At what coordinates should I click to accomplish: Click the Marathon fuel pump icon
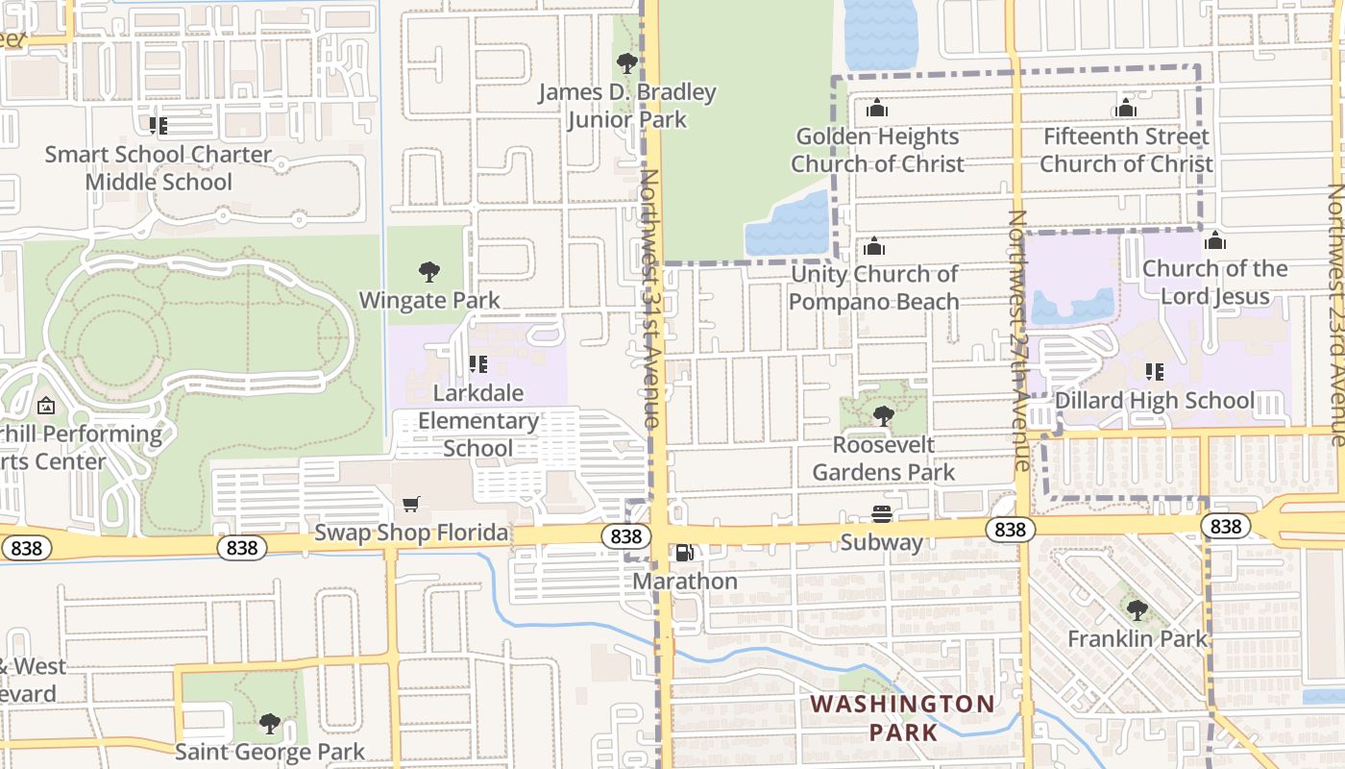[x=684, y=553]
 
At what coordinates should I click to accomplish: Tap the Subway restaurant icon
[x=882, y=514]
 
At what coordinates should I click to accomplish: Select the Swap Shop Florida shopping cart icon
[x=411, y=505]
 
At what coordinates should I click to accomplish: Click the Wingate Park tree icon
[x=429, y=272]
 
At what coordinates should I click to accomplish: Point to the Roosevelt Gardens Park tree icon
[x=883, y=416]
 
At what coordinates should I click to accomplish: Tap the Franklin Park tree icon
[x=1137, y=610]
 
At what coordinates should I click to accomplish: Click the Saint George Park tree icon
[x=270, y=723]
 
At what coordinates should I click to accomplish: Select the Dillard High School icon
[x=1154, y=371]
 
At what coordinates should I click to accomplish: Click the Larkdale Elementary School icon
[x=477, y=364]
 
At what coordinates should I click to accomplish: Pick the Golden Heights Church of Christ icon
[x=876, y=109]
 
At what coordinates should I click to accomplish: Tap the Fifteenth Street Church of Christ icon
[x=1126, y=109]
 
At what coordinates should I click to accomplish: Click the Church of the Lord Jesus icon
[x=1214, y=240]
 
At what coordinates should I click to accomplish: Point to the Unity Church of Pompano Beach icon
[x=874, y=246]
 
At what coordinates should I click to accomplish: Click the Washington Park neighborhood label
[x=902, y=717]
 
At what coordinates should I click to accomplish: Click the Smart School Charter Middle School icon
[x=159, y=126]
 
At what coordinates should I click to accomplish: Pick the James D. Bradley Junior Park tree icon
[x=626, y=64]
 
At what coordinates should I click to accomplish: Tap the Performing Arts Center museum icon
[x=44, y=407]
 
